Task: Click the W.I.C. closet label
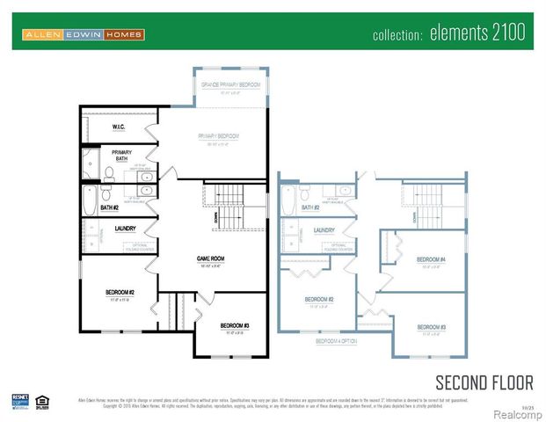click(x=119, y=127)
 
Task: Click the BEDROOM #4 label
click(x=431, y=259)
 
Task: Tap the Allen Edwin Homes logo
click(x=84, y=34)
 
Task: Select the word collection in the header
click(x=398, y=35)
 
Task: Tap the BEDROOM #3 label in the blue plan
click(x=431, y=326)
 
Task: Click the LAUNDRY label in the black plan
click(x=124, y=229)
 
